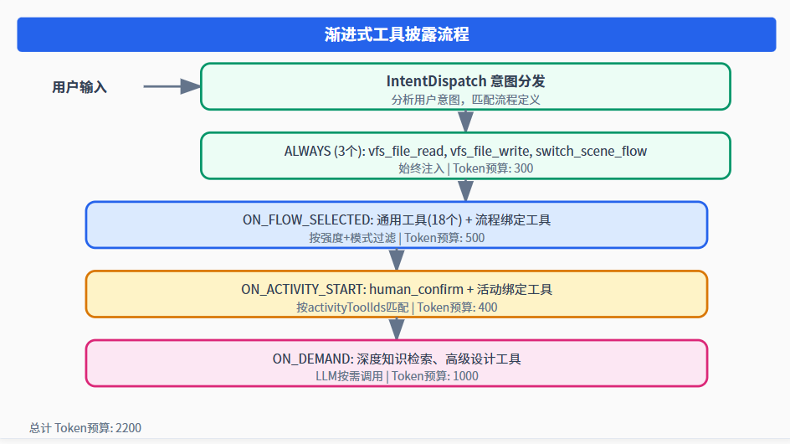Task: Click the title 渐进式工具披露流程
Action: tap(397, 34)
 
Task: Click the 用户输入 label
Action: tap(80, 87)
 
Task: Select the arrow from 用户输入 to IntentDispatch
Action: tap(172, 86)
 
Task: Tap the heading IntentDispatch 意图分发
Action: tap(465, 80)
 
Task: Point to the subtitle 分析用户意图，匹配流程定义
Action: tap(465, 100)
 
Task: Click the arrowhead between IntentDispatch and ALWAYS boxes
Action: tap(465, 121)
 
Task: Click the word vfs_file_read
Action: tap(407, 151)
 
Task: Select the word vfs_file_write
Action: tap(490, 151)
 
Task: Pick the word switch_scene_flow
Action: tap(591, 151)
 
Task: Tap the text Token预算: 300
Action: tap(493, 168)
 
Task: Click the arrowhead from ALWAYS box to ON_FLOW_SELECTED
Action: tap(465, 191)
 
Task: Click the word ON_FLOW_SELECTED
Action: tap(307, 220)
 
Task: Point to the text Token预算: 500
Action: tap(444, 238)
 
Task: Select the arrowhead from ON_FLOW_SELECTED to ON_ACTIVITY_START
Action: tap(397, 260)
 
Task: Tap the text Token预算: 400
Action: tap(457, 307)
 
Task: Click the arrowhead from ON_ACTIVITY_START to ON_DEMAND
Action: tap(397, 329)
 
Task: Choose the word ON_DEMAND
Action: tap(312, 359)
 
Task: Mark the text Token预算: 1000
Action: tap(435, 376)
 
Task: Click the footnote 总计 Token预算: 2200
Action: tap(85, 428)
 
